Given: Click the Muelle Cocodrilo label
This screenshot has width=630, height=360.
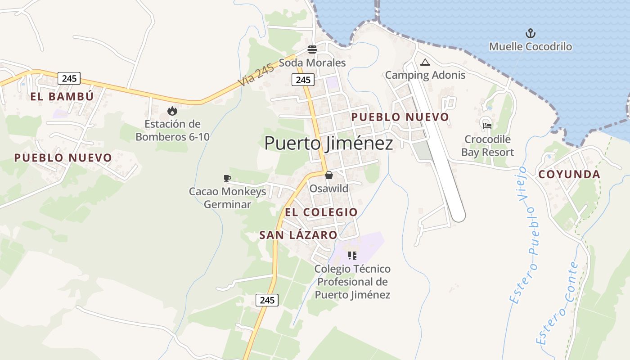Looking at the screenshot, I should [531, 46].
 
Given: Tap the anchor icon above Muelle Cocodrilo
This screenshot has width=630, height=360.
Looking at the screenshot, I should [531, 33].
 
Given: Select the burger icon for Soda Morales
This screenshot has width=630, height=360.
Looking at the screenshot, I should [312, 49].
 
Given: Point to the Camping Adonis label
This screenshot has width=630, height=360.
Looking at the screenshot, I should [425, 75].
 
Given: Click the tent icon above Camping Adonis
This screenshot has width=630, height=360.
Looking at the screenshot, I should [425, 62].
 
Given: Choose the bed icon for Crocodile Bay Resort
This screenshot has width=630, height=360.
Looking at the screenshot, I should [487, 126].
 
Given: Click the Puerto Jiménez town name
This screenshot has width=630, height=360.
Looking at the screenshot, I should [328, 143].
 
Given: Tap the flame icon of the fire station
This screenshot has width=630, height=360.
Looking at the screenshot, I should [172, 111].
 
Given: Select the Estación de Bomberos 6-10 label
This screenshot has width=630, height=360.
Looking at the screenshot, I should [172, 130].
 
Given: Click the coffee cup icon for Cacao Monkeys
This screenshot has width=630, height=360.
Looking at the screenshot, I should [227, 179].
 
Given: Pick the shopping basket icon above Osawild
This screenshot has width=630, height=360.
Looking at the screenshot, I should [329, 175].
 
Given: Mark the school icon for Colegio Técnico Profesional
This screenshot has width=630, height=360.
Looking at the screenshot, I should [352, 256].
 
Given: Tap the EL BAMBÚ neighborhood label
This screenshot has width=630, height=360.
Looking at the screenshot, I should [62, 96].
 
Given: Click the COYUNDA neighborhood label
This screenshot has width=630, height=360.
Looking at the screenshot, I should [569, 174].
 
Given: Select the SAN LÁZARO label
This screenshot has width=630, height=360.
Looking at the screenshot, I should [298, 234].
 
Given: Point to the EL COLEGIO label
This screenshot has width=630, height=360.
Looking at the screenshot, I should [321, 211].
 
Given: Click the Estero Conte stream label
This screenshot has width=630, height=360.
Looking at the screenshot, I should [557, 303].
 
